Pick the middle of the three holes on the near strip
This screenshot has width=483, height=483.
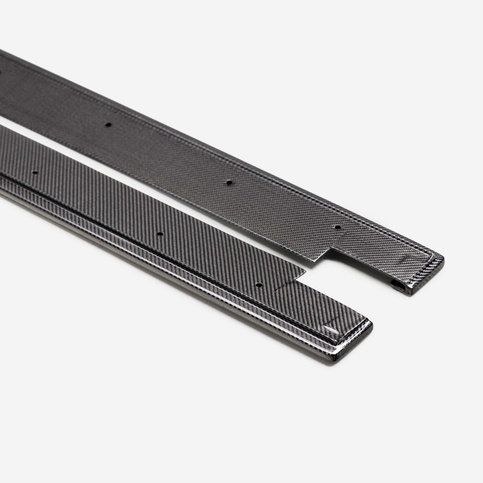click(160, 234)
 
